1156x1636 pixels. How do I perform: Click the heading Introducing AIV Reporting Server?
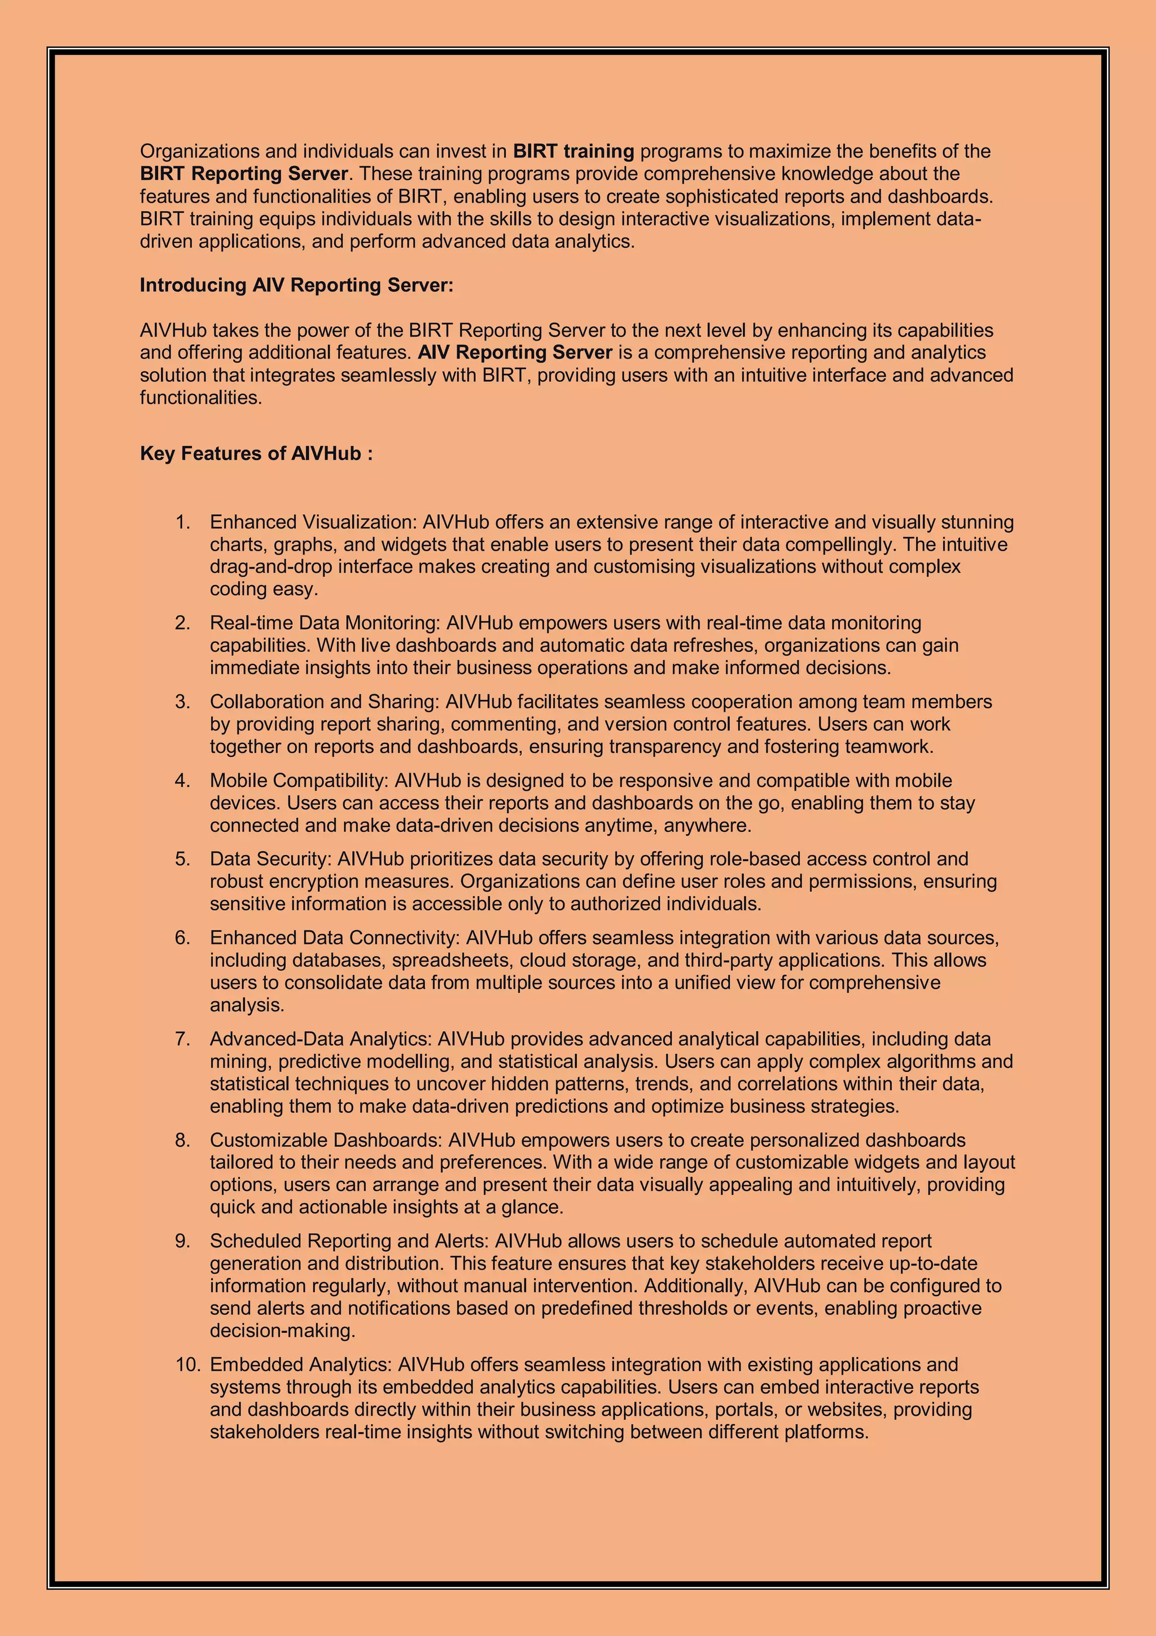coord(296,285)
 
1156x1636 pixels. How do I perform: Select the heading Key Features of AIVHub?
coord(256,453)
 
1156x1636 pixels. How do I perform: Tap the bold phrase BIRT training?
coord(573,151)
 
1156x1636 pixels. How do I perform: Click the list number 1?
coord(183,522)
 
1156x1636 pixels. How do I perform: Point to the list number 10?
coord(188,1364)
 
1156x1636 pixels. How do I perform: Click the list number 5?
coord(183,858)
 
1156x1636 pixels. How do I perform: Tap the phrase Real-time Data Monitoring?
coord(324,623)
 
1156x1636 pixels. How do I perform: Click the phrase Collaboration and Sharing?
coord(323,702)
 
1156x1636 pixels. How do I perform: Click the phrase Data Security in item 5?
coord(270,858)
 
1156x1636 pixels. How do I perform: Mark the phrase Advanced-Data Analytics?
coord(320,1039)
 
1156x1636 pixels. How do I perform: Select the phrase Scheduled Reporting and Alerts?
coord(348,1241)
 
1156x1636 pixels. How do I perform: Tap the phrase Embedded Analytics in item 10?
coord(300,1364)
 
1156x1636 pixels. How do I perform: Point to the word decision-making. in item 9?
coord(282,1330)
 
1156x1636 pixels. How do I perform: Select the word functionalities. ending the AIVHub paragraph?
coord(201,398)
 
